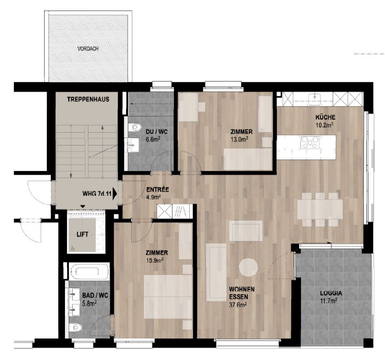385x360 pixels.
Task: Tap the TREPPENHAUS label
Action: pyautogui.click(x=86, y=99)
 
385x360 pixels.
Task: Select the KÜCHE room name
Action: pyautogui.click(x=325, y=117)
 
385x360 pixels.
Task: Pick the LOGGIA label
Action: pyautogui.click(x=331, y=294)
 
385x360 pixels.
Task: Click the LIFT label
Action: pyautogui.click(x=84, y=234)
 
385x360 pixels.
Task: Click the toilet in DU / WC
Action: pyautogui.click(x=134, y=127)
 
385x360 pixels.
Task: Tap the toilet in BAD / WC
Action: pyautogui.click(x=76, y=328)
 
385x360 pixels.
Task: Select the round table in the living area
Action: pyautogui.click(x=249, y=267)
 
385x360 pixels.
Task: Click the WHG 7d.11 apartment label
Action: pyautogui.click(x=96, y=194)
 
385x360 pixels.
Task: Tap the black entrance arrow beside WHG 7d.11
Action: pyautogui.click(x=115, y=194)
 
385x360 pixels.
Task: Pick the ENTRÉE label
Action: pyautogui.click(x=158, y=190)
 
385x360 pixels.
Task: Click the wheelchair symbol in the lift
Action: pyautogui.click(x=73, y=248)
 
